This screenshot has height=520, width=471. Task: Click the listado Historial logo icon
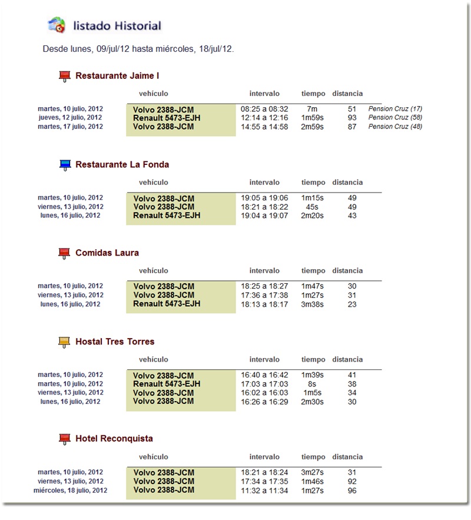pyautogui.click(x=57, y=25)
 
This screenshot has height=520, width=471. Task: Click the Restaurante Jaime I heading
pyautogui.click(x=117, y=76)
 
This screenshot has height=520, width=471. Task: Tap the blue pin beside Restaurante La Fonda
pyautogui.click(x=65, y=165)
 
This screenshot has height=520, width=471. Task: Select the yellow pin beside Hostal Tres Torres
pyautogui.click(x=65, y=342)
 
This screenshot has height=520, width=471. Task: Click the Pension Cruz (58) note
pyautogui.click(x=395, y=118)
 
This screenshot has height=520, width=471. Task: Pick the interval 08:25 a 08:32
pyautogui.click(x=264, y=109)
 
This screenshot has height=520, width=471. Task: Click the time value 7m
pyautogui.click(x=312, y=109)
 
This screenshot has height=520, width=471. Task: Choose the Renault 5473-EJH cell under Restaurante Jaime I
pyautogui.click(x=167, y=118)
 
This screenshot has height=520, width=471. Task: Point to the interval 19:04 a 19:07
pyautogui.click(x=264, y=216)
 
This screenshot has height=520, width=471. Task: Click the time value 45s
pyautogui.click(x=313, y=207)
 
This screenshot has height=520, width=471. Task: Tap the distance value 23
pyautogui.click(x=352, y=304)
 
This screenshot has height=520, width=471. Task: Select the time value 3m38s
pyautogui.click(x=313, y=304)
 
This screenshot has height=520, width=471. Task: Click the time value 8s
pyautogui.click(x=313, y=384)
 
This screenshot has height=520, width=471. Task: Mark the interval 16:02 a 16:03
pyautogui.click(x=264, y=393)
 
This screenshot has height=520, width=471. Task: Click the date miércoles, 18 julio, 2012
pyautogui.click(x=71, y=491)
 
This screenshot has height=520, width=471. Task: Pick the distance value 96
pyautogui.click(x=352, y=491)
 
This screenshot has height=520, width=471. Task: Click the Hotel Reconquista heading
pyautogui.click(x=114, y=439)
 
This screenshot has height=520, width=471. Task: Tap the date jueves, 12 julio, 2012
pyautogui.click(x=70, y=118)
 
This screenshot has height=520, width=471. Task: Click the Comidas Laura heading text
pyautogui.click(x=107, y=253)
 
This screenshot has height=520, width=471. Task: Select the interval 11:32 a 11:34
pyautogui.click(x=264, y=491)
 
